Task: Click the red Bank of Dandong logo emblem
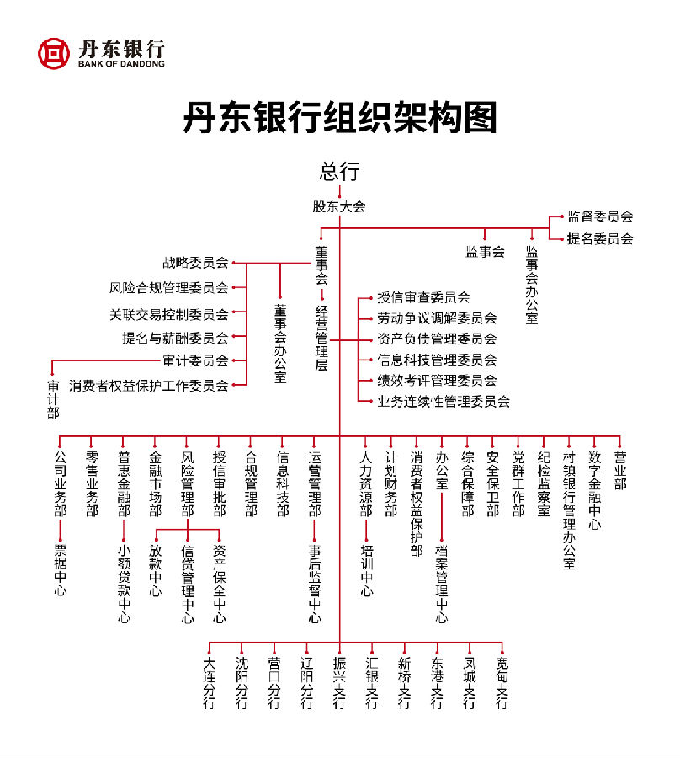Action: (x=54, y=53)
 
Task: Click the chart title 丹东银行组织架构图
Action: (x=340, y=117)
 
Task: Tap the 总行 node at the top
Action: (x=339, y=172)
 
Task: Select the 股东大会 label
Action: (x=339, y=206)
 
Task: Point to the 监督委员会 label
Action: (x=600, y=216)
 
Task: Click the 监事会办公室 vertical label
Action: (x=532, y=285)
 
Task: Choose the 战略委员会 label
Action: (x=195, y=263)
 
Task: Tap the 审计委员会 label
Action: (x=195, y=360)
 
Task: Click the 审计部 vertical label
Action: (x=53, y=399)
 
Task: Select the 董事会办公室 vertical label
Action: (x=280, y=344)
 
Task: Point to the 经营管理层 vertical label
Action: (x=321, y=339)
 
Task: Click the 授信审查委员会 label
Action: (x=423, y=296)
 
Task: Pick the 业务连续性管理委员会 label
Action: (x=444, y=401)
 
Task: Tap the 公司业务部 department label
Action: (x=61, y=483)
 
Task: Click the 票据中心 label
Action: (x=61, y=570)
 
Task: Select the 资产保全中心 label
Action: (x=220, y=584)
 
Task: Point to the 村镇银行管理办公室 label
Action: (x=569, y=510)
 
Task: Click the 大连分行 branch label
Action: (x=209, y=682)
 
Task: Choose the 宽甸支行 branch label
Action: (x=502, y=682)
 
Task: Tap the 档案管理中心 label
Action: (x=442, y=584)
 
